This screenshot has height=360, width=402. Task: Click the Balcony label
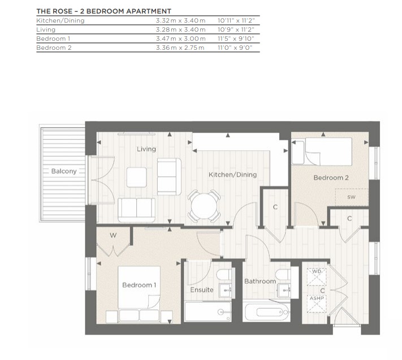pyautogui.click(x=64, y=171)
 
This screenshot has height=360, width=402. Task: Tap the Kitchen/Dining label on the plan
pyautogui.click(x=232, y=175)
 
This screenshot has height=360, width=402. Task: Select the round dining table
pyautogui.click(x=204, y=206)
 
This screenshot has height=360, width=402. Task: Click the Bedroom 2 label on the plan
pyautogui.click(x=331, y=177)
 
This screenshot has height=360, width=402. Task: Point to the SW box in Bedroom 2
pyautogui.click(x=352, y=197)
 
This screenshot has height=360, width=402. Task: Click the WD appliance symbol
pyautogui.click(x=317, y=277)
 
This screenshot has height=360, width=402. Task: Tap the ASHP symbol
pyautogui.click(x=317, y=304)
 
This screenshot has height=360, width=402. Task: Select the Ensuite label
pyautogui.click(x=202, y=290)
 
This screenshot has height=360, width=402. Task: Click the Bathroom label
pyautogui.click(x=260, y=281)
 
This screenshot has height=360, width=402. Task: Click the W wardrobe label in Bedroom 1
pyautogui.click(x=113, y=235)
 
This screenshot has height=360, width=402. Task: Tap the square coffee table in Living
pyautogui.click(x=137, y=177)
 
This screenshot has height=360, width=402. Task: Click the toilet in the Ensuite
pyautogui.click(x=224, y=275)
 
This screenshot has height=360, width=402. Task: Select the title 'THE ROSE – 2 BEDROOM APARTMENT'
pyautogui.click(x=104, y=11)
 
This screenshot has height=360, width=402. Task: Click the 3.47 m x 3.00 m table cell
pyautogui.click(x=181, y=38)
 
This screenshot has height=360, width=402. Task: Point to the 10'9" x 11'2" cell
pyautogui.click(x=236, y=29)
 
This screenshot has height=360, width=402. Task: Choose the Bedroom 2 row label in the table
pyautogui.click(x=54, y=47)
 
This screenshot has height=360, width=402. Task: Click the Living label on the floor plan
pyautogui.click(x=146, y=149)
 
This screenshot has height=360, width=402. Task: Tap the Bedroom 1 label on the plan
pyautogui.click(x=139, y=285)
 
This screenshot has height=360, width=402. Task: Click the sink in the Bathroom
pyautogui.click(x=284, y=290)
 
